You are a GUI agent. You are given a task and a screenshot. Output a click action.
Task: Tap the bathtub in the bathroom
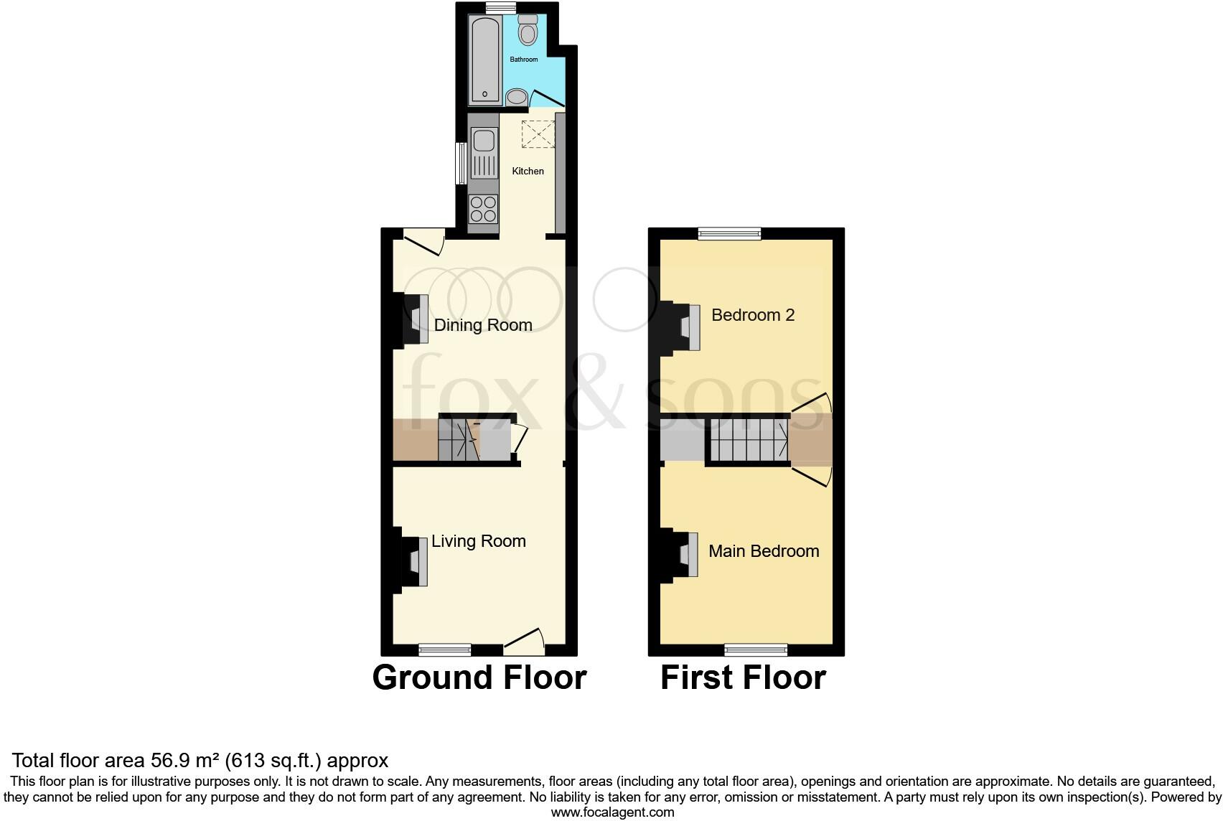[484, 60]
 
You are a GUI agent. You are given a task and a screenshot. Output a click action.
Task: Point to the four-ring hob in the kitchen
[483, 209]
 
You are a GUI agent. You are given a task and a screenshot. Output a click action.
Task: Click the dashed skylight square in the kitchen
[538, 134]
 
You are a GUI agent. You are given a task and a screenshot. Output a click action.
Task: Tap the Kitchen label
[528, 171]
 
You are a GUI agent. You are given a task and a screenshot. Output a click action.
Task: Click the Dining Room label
[483, 325]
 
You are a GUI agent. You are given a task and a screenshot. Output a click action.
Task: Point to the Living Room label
[479, 541]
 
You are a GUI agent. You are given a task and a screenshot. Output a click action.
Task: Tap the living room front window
[445, 649]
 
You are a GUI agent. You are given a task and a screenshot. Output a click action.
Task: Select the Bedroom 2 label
[753, 315]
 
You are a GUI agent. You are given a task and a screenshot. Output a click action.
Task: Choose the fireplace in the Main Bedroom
[684, 554]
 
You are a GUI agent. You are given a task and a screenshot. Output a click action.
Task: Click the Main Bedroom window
[756, 650]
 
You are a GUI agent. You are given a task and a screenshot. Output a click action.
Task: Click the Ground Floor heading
[479, 677]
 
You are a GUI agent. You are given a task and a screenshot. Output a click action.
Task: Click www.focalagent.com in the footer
[612, 812]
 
